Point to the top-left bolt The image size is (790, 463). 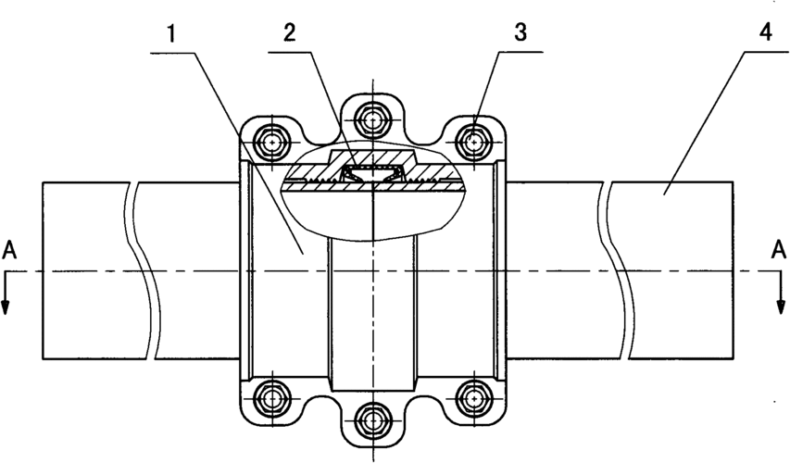(x=270, y=143)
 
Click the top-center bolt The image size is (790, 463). (x=372, y=119)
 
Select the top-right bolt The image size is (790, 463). (x=474, y=143)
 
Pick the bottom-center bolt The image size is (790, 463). (x=372, y=421)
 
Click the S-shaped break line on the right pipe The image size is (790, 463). (x=615, y=269)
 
